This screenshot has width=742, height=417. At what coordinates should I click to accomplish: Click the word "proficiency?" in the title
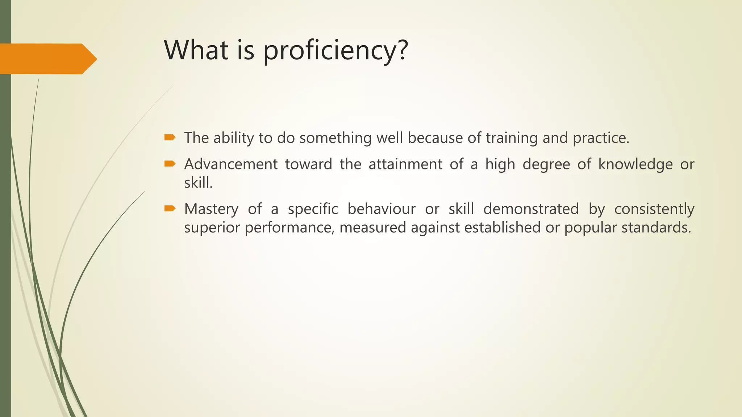(x=335, y=51)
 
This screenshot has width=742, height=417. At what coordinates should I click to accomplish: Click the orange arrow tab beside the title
(x=47, y=59)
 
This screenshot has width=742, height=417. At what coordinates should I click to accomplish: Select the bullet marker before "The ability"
(x=170, y=137)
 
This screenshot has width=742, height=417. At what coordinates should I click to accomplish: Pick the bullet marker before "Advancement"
(x=170, y=164)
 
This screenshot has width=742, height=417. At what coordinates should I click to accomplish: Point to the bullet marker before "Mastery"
(x=170, y=208)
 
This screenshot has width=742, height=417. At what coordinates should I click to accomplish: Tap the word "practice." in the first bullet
(x=601, y=138)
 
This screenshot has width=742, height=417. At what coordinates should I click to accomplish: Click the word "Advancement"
(x=231, y=164)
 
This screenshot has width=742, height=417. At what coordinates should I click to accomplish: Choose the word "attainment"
(x=405, y=164)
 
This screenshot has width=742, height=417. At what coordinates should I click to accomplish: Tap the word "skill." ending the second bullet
(x=198, y=183)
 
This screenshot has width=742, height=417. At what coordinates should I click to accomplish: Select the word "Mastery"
(x=211, y=209)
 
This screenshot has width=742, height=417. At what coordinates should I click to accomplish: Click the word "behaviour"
(x=382, y=209)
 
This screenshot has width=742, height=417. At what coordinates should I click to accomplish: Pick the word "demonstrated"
(x=531, y=209)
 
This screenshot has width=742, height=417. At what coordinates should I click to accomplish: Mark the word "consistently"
(x=654, y=209)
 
